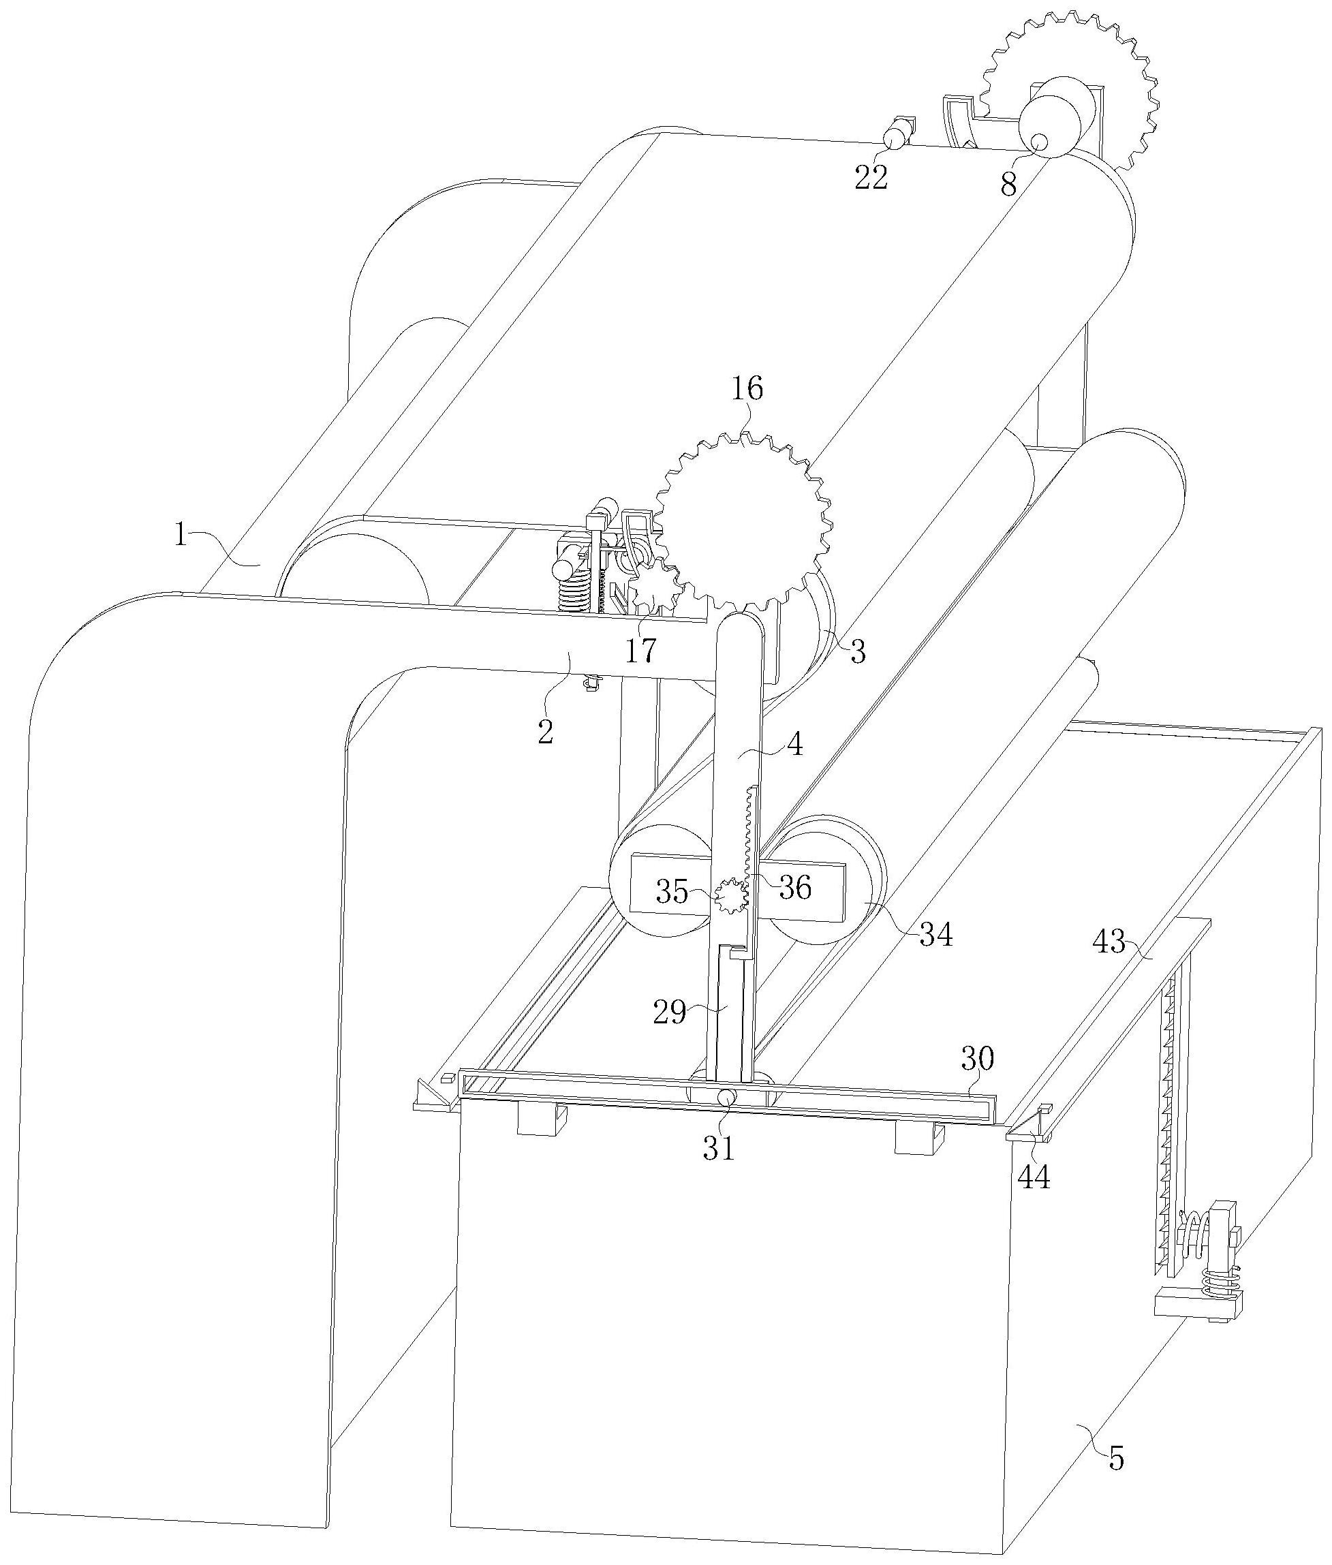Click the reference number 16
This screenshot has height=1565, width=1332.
point(747,389)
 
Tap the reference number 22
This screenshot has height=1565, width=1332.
point(871,177)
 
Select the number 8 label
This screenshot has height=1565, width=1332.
point(1009,185)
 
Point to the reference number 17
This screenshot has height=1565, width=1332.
point(640,649)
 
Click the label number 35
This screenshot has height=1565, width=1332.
point(671,893)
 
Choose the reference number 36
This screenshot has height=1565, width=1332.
point(794,888)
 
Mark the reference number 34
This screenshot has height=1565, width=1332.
point(935,935)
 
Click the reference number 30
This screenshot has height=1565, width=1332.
point(977,1059)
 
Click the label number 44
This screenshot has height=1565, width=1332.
point(1034,1176)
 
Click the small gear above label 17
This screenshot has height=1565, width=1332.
point(654,586)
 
